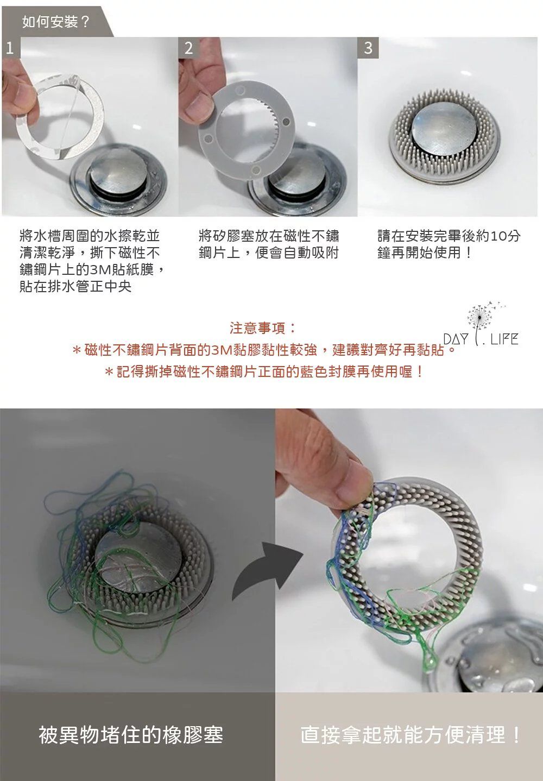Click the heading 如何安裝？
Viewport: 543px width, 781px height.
click(56, 22)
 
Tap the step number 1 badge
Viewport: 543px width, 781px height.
click(9, 49)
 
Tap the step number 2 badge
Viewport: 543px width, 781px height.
click(188, 48)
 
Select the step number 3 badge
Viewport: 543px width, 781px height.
click(368, 48)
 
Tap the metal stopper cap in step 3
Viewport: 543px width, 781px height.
click(444, 128)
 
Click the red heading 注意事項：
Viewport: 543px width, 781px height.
click(263, 328)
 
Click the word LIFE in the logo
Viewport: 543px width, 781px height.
click(503, 340)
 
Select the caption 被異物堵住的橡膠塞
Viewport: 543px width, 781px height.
click(131, 735)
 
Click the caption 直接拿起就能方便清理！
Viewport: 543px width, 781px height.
click(411, 735)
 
